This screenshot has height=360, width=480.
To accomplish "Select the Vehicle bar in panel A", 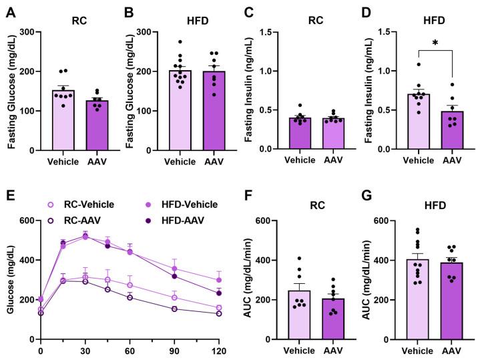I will coord(61,120).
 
